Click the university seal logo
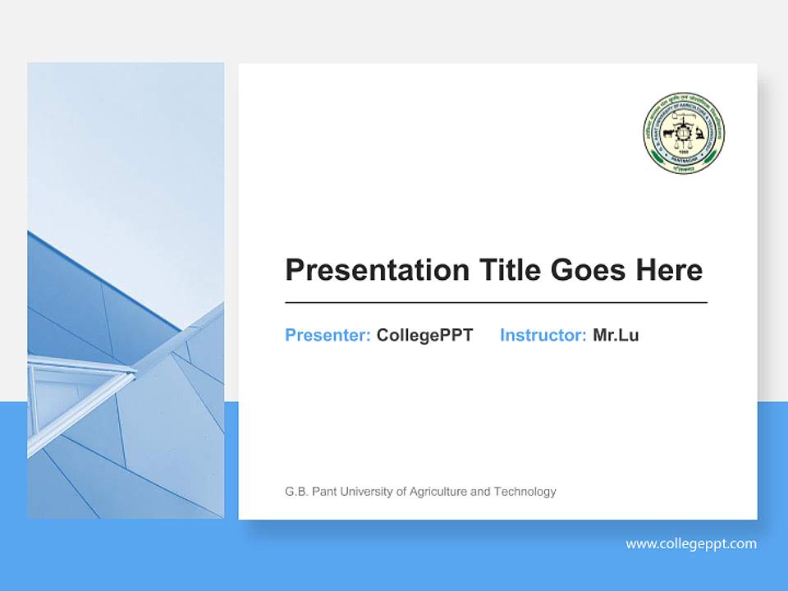click(x=683, y=133)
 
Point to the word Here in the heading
click(x=669, y=270)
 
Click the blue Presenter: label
click(x=328, y=335)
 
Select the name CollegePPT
click(x=424, y=335)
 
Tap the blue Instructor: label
click(x=543, y=335)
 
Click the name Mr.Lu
click(x=616, y=335)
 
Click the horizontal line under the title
click(x=496, y=303)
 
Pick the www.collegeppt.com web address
click(x=691, y=543)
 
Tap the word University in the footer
click(x=365, y=492)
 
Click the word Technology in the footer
click(x=525, y=492)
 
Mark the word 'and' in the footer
click(x=481, y=492)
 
